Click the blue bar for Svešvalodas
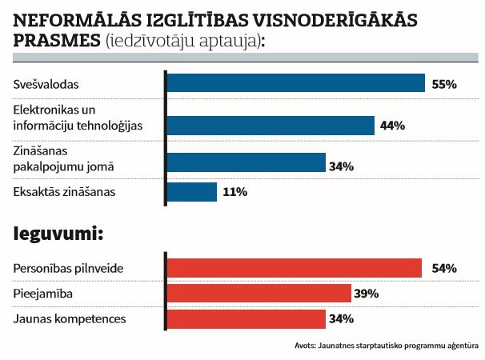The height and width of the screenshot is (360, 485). tap(295, 83)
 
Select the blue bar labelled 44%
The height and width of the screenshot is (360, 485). tap(270, 126)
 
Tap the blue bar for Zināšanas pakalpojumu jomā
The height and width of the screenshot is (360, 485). tap(245, 163)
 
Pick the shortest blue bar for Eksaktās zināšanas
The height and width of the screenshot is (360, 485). tap(191, 192)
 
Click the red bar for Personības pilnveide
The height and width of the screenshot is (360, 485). tap(293, 267)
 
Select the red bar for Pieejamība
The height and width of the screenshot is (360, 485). tap(258, 294)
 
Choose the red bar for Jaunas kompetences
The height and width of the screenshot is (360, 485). tap(245, 320)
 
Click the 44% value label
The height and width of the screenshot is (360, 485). tap(393, 126)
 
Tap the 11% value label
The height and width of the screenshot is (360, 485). tap(235, 192)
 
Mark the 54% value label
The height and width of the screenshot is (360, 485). tap(443, 268)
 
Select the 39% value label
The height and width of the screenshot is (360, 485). tap(366, 294)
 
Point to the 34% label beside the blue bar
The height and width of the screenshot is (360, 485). tap(341, 166)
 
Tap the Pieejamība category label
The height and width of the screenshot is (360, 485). tap(43, 294)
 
